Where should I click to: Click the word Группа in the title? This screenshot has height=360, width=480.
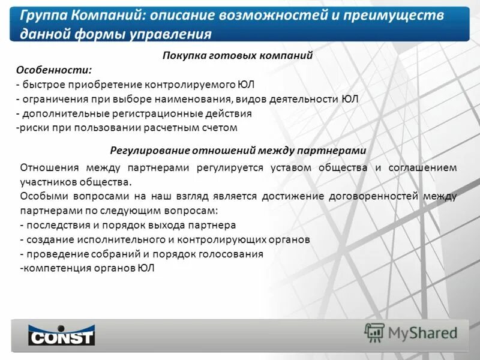[41, 16]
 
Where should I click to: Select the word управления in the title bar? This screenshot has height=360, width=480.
[177, 34]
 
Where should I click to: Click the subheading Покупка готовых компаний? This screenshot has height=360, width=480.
[238, 55]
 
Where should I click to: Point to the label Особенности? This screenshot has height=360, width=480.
[54, 70]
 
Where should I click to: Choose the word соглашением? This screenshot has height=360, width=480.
[424, 167]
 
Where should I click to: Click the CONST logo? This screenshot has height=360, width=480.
[61, 334]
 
